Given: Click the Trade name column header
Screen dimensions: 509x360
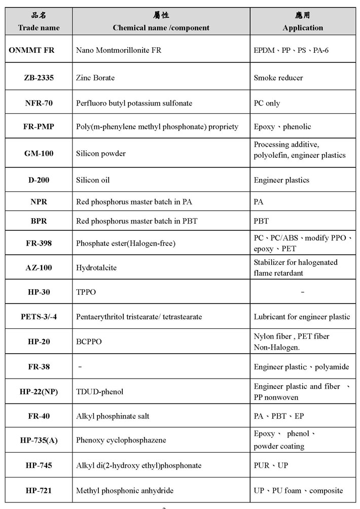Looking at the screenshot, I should pyautogui.click(x=39, y=27).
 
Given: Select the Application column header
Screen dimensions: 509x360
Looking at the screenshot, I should pyautogui.click(x=303, y=27).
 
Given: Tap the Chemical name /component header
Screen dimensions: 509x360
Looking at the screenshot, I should pyautogui.click(x=161, y=27).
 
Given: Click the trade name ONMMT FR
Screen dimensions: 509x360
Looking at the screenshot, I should pyautogui.click(x=31, y=50).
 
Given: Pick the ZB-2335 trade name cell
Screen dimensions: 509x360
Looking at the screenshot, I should pyautogui.click(x=39, y=78).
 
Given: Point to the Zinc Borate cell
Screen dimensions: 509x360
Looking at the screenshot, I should pyautogui.click(x=95, y=78).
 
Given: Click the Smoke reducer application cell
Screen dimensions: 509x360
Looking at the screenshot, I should pyautogui.click(x=278, y=78).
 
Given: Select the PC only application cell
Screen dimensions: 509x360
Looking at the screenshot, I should pyautogui.click(x=267, y=103).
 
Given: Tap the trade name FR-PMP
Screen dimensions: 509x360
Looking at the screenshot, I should pyautogui.click(x=39, y=126).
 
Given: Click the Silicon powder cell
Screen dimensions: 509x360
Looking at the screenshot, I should pyautogui.click(x=101, y=153).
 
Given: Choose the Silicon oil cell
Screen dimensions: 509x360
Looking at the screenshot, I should pyautogui.click(x=93, y=180).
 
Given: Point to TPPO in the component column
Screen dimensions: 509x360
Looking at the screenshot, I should pyautogui.click(x=86, y=292).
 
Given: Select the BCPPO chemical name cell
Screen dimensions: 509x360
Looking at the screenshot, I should pyautogui.click(x=89, y=342).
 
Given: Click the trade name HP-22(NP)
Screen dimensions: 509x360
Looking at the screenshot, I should pyautogui.click(x=39, y=391).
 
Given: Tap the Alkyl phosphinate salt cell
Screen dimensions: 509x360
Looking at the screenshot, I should pyautogui.click(x=113, y=416).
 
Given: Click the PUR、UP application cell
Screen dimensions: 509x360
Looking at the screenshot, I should pyautogui.click(x=271, y=465).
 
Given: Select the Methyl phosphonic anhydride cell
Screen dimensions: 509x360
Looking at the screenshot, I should pyautogui.click(x=125, y=490).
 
